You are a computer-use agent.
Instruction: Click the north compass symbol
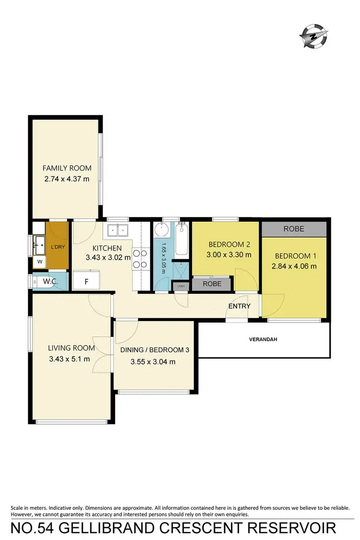314,36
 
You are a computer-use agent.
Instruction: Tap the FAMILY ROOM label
67,168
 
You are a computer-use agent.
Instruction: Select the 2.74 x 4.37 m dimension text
67,180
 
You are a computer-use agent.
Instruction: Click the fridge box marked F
86,281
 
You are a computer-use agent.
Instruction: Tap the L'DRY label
57,247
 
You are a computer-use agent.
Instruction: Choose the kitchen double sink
118,231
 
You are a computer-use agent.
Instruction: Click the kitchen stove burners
139,258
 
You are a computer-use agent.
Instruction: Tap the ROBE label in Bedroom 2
212,284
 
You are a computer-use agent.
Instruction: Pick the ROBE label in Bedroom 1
294,229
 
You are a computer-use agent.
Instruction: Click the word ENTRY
240,306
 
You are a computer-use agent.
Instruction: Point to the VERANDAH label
264,339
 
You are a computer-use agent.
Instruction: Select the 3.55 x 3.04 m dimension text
153,361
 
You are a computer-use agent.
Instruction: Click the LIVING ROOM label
71,348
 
